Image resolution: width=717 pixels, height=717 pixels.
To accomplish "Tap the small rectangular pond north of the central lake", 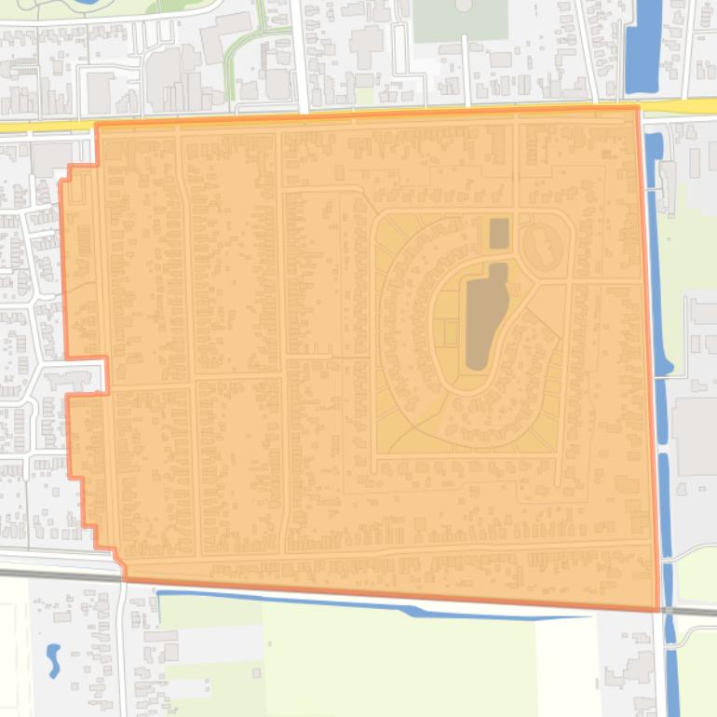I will [499, 233].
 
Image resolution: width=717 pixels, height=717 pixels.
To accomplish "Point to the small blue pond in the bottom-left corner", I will [53, 658].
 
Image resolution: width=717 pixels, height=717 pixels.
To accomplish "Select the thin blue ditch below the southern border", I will [372, 603].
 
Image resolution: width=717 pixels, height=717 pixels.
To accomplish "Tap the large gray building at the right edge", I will [697, 436].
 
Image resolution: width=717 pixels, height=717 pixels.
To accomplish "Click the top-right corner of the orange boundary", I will [638, 107].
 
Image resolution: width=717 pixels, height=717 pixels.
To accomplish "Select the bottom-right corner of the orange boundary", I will [659, 610].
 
